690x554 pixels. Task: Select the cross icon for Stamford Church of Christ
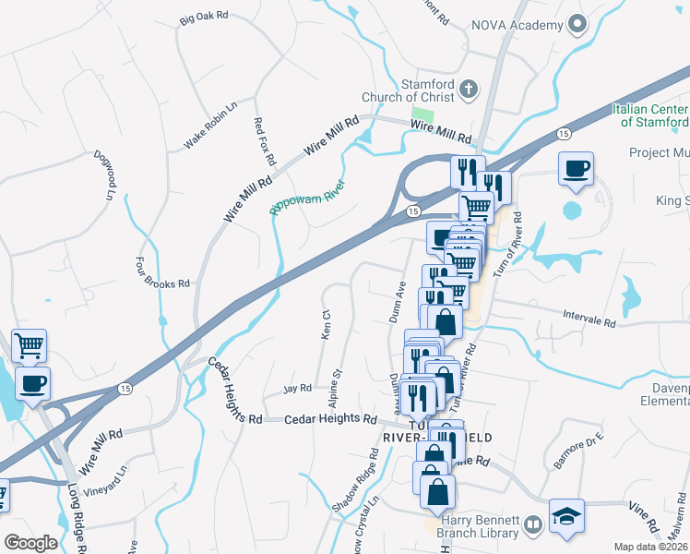(469, 90)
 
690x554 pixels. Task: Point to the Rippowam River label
(306, 197)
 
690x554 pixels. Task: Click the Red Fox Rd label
(265, 141)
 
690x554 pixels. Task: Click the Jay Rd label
(298, 389)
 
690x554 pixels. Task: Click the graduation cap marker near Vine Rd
(566, 515)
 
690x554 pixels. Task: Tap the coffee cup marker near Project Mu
(576, 169)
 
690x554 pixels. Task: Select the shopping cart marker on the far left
(29, 346)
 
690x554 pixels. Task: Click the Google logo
(30, 542)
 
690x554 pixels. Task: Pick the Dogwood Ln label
(102, 176)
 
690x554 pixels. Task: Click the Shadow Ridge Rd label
(355, 480)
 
